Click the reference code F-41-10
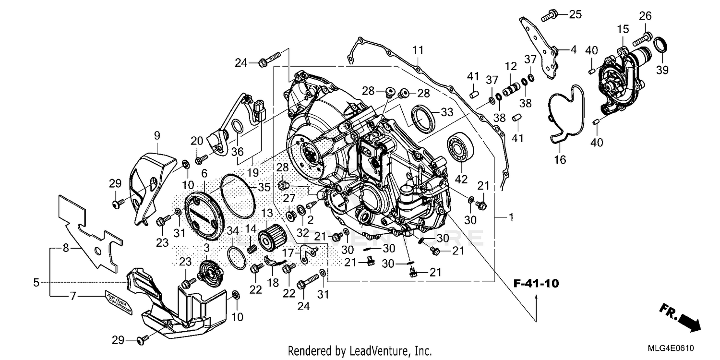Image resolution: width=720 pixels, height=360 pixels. click(536, 283)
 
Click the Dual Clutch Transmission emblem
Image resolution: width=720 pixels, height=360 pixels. click(117, 303)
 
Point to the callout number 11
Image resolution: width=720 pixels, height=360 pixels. click(418, 50)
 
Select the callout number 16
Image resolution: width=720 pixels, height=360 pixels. click(560, 160)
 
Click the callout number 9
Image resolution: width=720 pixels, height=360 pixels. click(157, 136)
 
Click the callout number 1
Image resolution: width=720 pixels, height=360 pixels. click(511, 218)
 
